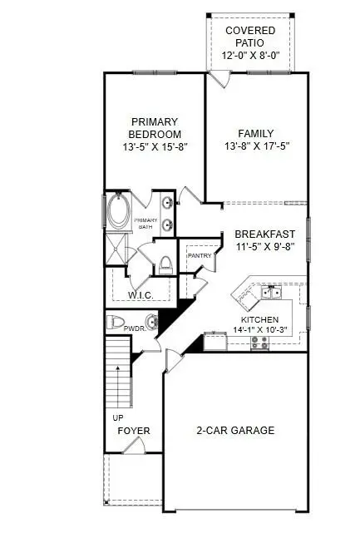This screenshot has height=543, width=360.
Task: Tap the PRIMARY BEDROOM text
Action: [x=154, y=127]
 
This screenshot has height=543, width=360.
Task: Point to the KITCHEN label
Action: [x=259, y=319]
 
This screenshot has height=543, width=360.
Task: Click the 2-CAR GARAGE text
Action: [x=235, y=430]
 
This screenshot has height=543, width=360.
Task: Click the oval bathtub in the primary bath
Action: [x=117, y=212]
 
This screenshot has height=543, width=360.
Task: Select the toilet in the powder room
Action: [x=116, y=323]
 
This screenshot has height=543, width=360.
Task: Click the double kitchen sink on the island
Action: [x=269, y=293]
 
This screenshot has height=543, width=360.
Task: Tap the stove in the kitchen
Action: [x=259, y=340]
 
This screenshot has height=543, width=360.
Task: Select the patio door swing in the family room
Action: [x=217, y=81]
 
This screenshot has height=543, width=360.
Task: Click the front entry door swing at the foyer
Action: [x=133, y=446]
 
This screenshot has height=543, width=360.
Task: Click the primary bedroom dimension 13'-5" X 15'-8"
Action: [x=154, y=146]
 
